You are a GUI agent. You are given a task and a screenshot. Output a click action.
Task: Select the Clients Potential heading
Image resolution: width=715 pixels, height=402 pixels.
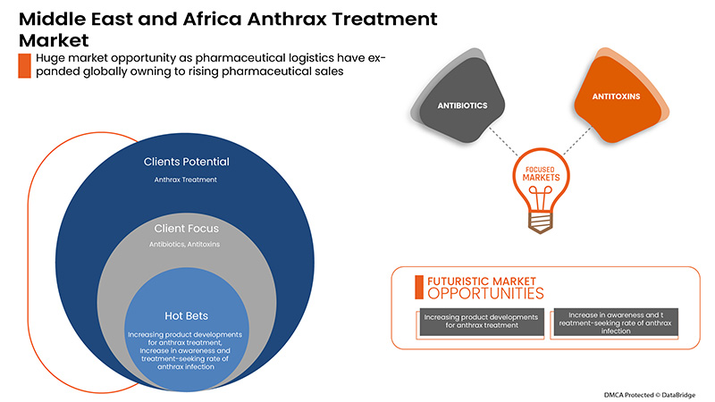(x=187, y=163)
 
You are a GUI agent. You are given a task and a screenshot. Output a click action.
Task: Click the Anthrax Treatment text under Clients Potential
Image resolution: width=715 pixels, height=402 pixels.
(x=187, y=179)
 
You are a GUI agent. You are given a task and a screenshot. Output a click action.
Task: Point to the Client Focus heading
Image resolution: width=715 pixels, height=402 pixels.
(x=187, y=228)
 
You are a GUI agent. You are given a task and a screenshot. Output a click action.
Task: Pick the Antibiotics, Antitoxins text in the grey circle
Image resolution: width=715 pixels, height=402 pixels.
(x=187, y=243)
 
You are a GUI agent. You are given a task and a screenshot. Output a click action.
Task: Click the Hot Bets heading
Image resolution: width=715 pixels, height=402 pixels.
(x=187, y=315)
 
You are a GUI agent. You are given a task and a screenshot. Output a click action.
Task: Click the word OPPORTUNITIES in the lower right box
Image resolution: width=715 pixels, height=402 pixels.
(x=485, y=293)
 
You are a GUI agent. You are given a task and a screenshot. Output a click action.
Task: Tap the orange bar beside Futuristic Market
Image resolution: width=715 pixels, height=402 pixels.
(x=419, y=286)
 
